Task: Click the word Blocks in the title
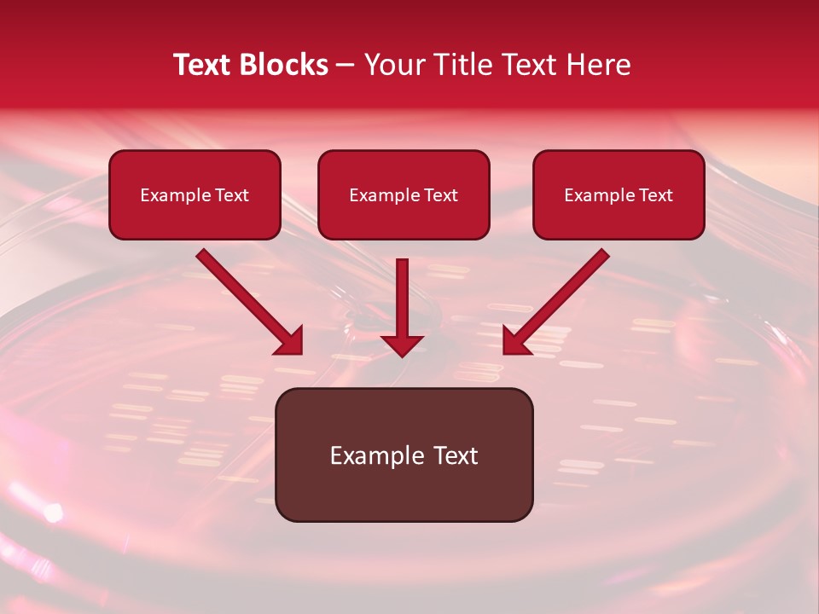(x=285, y=65)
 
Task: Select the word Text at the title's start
(x=203, y=65)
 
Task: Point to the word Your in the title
(x=391, y=65)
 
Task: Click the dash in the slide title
(x=346, y=65)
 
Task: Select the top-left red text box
(x=195, y=194)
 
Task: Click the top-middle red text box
(x=404, y=194)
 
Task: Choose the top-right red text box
(x=619, y=194)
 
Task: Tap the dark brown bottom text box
(x=404, y=455)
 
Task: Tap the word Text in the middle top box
(x=440, y=195)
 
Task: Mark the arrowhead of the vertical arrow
(x=403, y=345)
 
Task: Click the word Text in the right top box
(x=655, y=195)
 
